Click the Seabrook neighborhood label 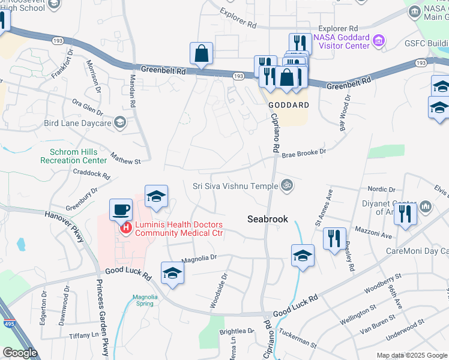pyautogui.click(x=268, y=220)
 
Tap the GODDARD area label pyautogui.click(x=289, y=104)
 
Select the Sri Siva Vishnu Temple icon pyautogui.click(x=286, y=185)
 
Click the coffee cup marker pyautogui.click(x=121, y=209)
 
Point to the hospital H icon pyautogui.click(x=126, y=227)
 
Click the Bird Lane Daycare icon pyautogui.click(x=120, y=123)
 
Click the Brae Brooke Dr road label pyautogui.click(x=304, y=153)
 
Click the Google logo pyautogui.click(x=20, y=353)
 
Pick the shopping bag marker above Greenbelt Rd pyautogui.click(x=202, y=53)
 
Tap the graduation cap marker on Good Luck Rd pyautogui.click(x=173, y=272)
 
